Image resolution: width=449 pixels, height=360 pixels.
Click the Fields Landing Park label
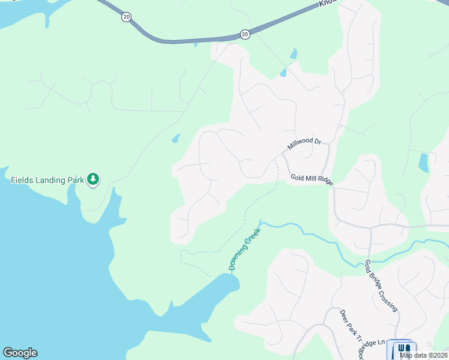tap(47, 179)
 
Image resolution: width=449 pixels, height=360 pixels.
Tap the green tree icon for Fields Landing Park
tap(92, 179)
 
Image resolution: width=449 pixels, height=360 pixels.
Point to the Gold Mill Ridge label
tap(311, 178)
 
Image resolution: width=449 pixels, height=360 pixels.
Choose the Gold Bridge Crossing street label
tap(381, 285)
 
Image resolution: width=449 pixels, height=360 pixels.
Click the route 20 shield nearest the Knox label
tap(245, 35)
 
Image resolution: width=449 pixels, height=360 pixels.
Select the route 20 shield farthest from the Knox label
tap(126, 17)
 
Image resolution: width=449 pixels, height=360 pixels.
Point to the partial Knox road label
tap(326, 3)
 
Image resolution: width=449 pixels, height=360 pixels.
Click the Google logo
tap(20, 353)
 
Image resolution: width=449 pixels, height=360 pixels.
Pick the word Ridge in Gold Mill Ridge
tap(323, 179)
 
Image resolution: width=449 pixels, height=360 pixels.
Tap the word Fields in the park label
tap(22, 179)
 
